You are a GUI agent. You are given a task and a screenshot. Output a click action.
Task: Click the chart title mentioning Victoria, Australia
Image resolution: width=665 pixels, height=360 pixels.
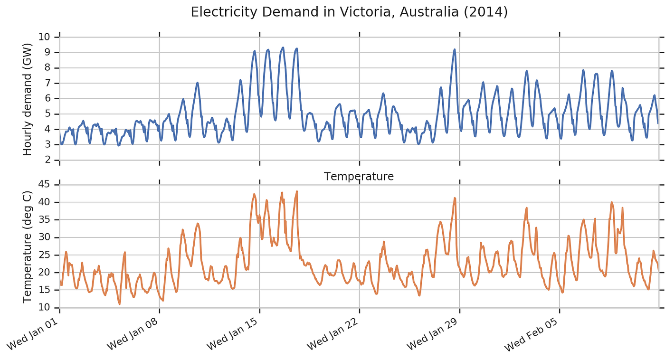click(349, 12)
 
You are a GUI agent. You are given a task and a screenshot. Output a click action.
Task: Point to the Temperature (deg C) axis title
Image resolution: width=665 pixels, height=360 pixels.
click(27, 246)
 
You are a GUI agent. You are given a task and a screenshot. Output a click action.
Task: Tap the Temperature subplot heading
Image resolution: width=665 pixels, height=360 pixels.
click(359, 177)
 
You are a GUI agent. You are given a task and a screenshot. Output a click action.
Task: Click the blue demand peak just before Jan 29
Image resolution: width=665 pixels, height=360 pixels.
click(455, 49)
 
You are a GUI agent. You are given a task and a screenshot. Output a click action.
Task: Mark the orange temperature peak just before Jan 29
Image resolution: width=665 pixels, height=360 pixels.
click(455, 198)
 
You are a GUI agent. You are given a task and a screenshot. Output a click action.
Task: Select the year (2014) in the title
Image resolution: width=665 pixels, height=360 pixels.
click(492, 12)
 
